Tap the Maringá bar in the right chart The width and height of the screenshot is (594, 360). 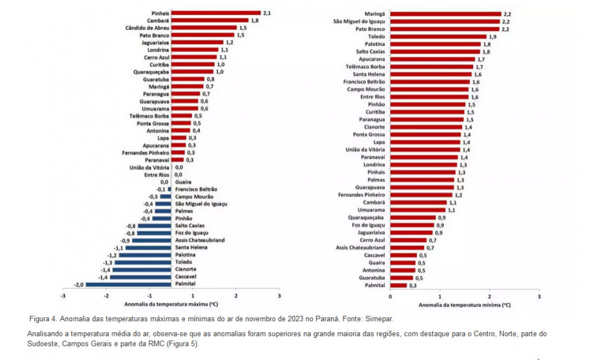click(x=445, y=13)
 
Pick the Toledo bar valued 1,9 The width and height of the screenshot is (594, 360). click(x=438, y=36)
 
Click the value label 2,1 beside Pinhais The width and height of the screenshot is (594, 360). click(x=266, y=13)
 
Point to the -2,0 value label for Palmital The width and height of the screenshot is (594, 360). click(x=78, y=284)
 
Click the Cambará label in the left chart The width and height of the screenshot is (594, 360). click(x=158, y=21)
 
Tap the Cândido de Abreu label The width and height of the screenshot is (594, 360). click(x=147, y=28)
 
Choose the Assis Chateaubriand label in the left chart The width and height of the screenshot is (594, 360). click(x=201, y=239)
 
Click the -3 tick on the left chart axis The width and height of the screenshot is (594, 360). click(x=63, y=296)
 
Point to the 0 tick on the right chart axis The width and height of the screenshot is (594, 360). click(x=390, y=296)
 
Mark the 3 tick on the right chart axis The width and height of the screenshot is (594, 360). click(x=539, y=296)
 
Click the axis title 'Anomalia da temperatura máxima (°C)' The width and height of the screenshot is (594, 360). click(x=171, y=304)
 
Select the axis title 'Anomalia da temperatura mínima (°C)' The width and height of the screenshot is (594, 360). click(x=465, y=304)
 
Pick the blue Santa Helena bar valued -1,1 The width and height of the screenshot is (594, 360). click(x=148, y=247)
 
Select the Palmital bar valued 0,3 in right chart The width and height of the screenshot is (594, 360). click(x=399, y=285)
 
